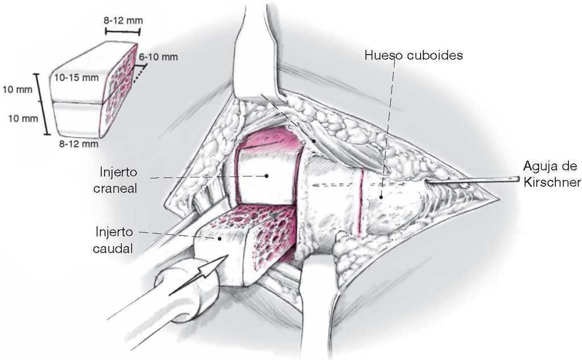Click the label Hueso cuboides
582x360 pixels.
(x=405, y=56)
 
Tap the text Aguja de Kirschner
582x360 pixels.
(x=551, y=175)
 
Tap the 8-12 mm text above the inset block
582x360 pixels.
(x=123, y=21)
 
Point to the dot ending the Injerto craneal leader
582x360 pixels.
(x=267, y=177)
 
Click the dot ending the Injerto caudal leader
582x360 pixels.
(x=219, y=239)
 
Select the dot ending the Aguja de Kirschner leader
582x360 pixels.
(x=427, y=181)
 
